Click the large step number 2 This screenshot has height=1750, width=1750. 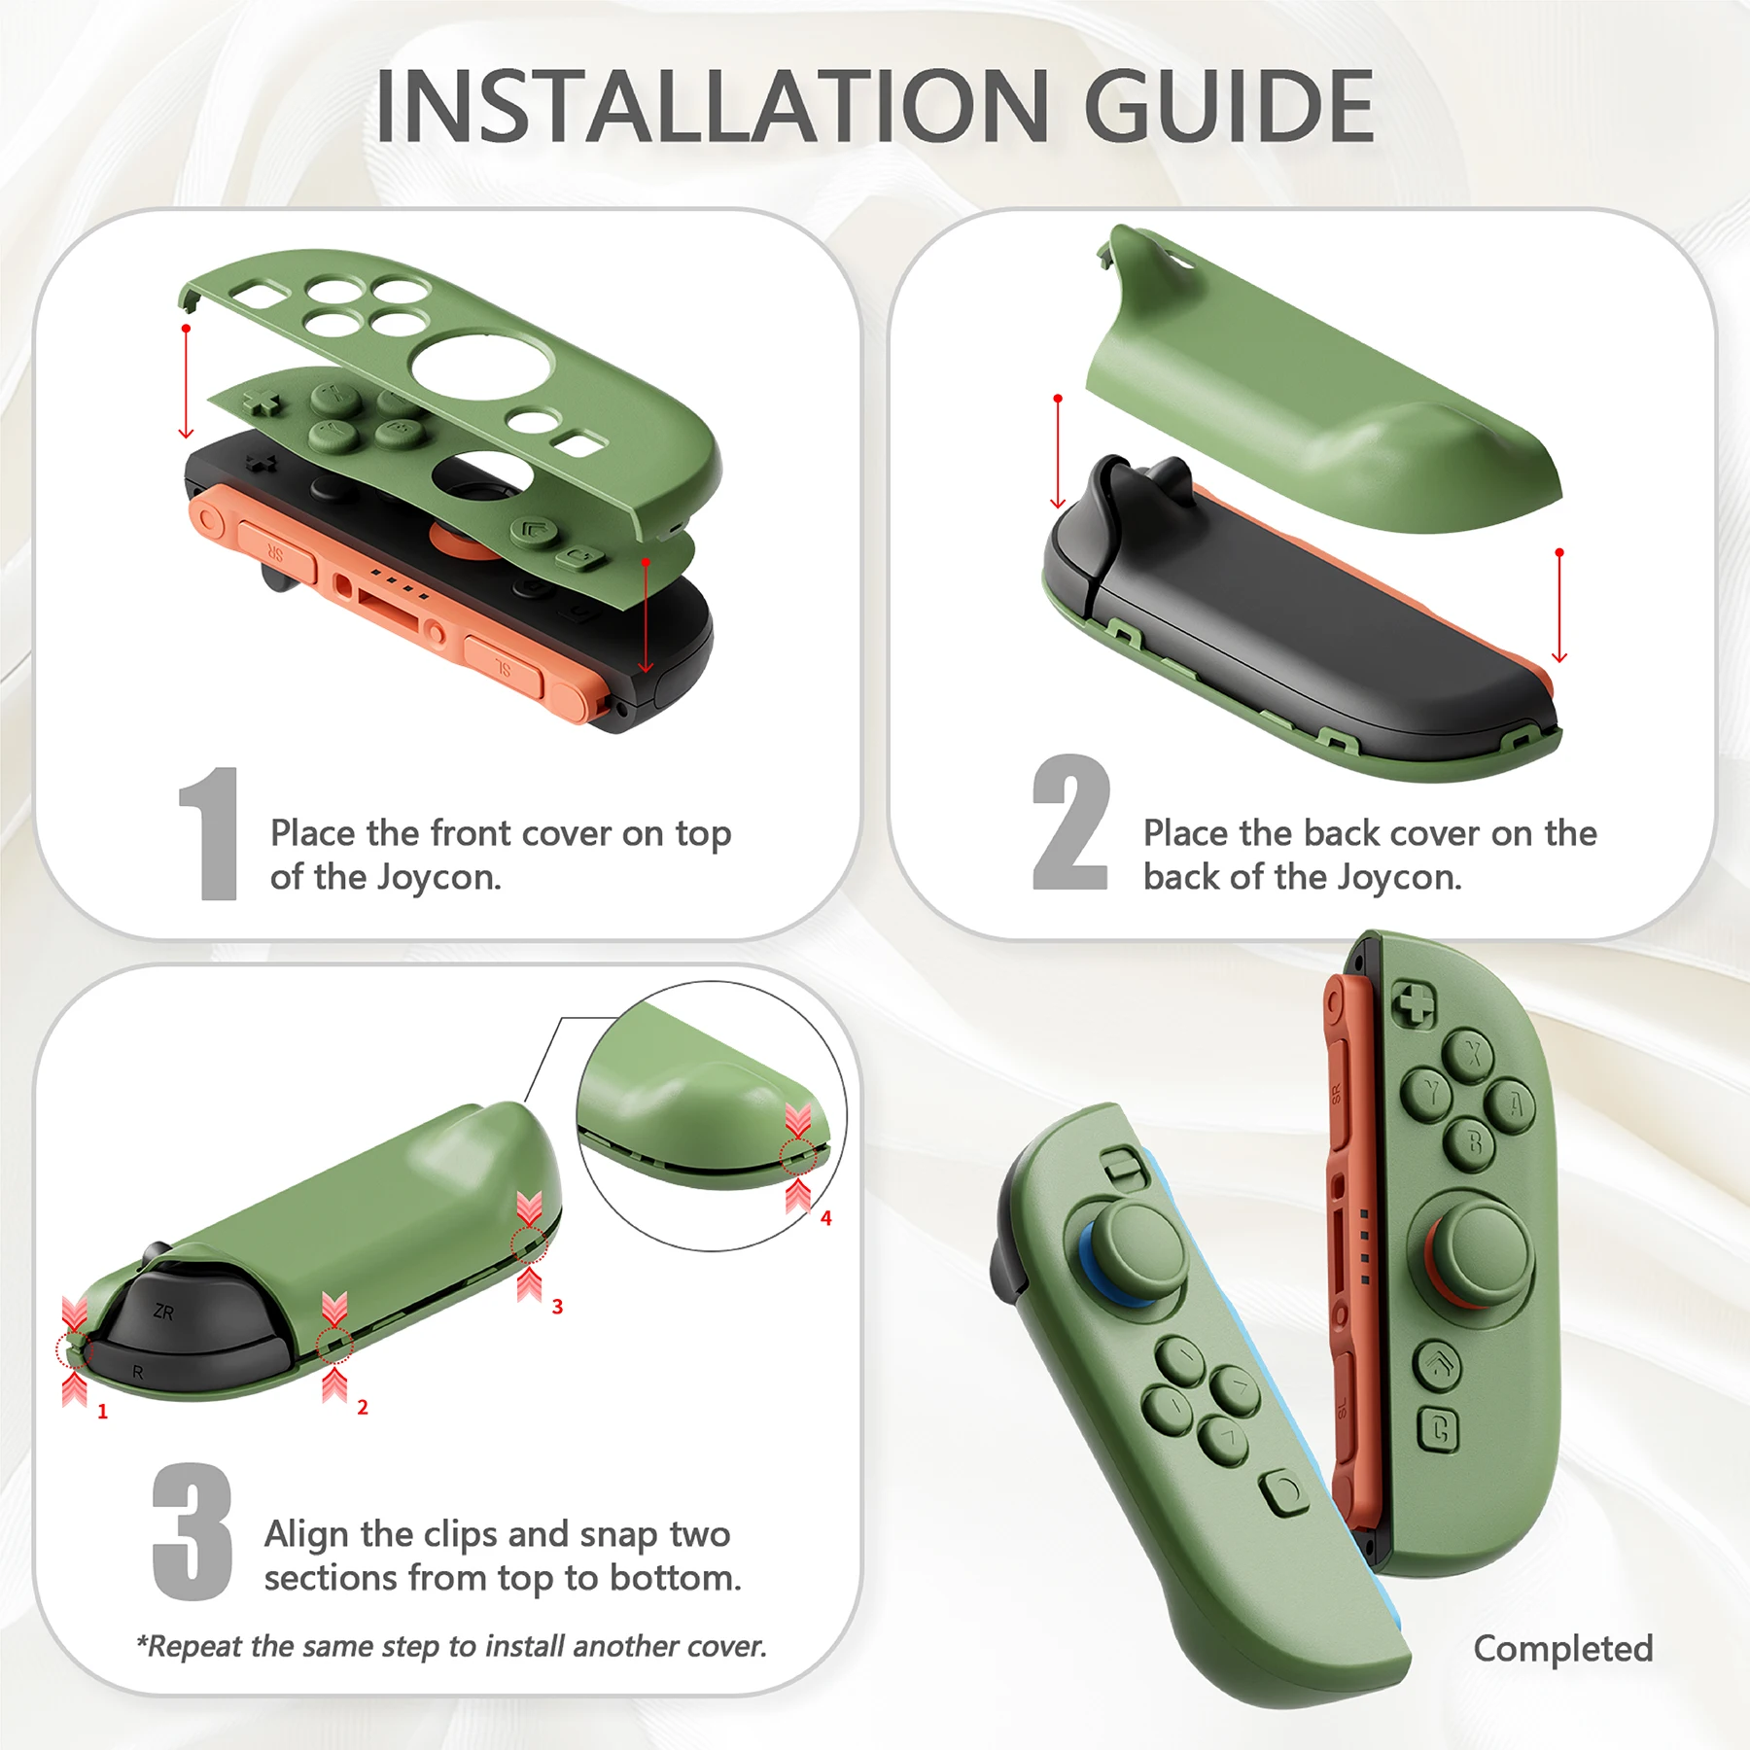point(1070,823)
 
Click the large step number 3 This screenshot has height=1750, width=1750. point(192,1532)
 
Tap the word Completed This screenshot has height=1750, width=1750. point(1562,1649)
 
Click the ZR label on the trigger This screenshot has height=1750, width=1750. point(163,1312)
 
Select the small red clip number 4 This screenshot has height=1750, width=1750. point(825,1218)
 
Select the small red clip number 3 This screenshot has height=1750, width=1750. point(557,1307)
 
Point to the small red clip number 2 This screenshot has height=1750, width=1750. point(363,1407)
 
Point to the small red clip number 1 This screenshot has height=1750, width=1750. point(102,1412)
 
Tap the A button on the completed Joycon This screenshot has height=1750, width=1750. point(1515,1105)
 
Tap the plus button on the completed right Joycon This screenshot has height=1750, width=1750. point(1415,1004)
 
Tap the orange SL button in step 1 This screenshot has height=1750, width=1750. point(504,667)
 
